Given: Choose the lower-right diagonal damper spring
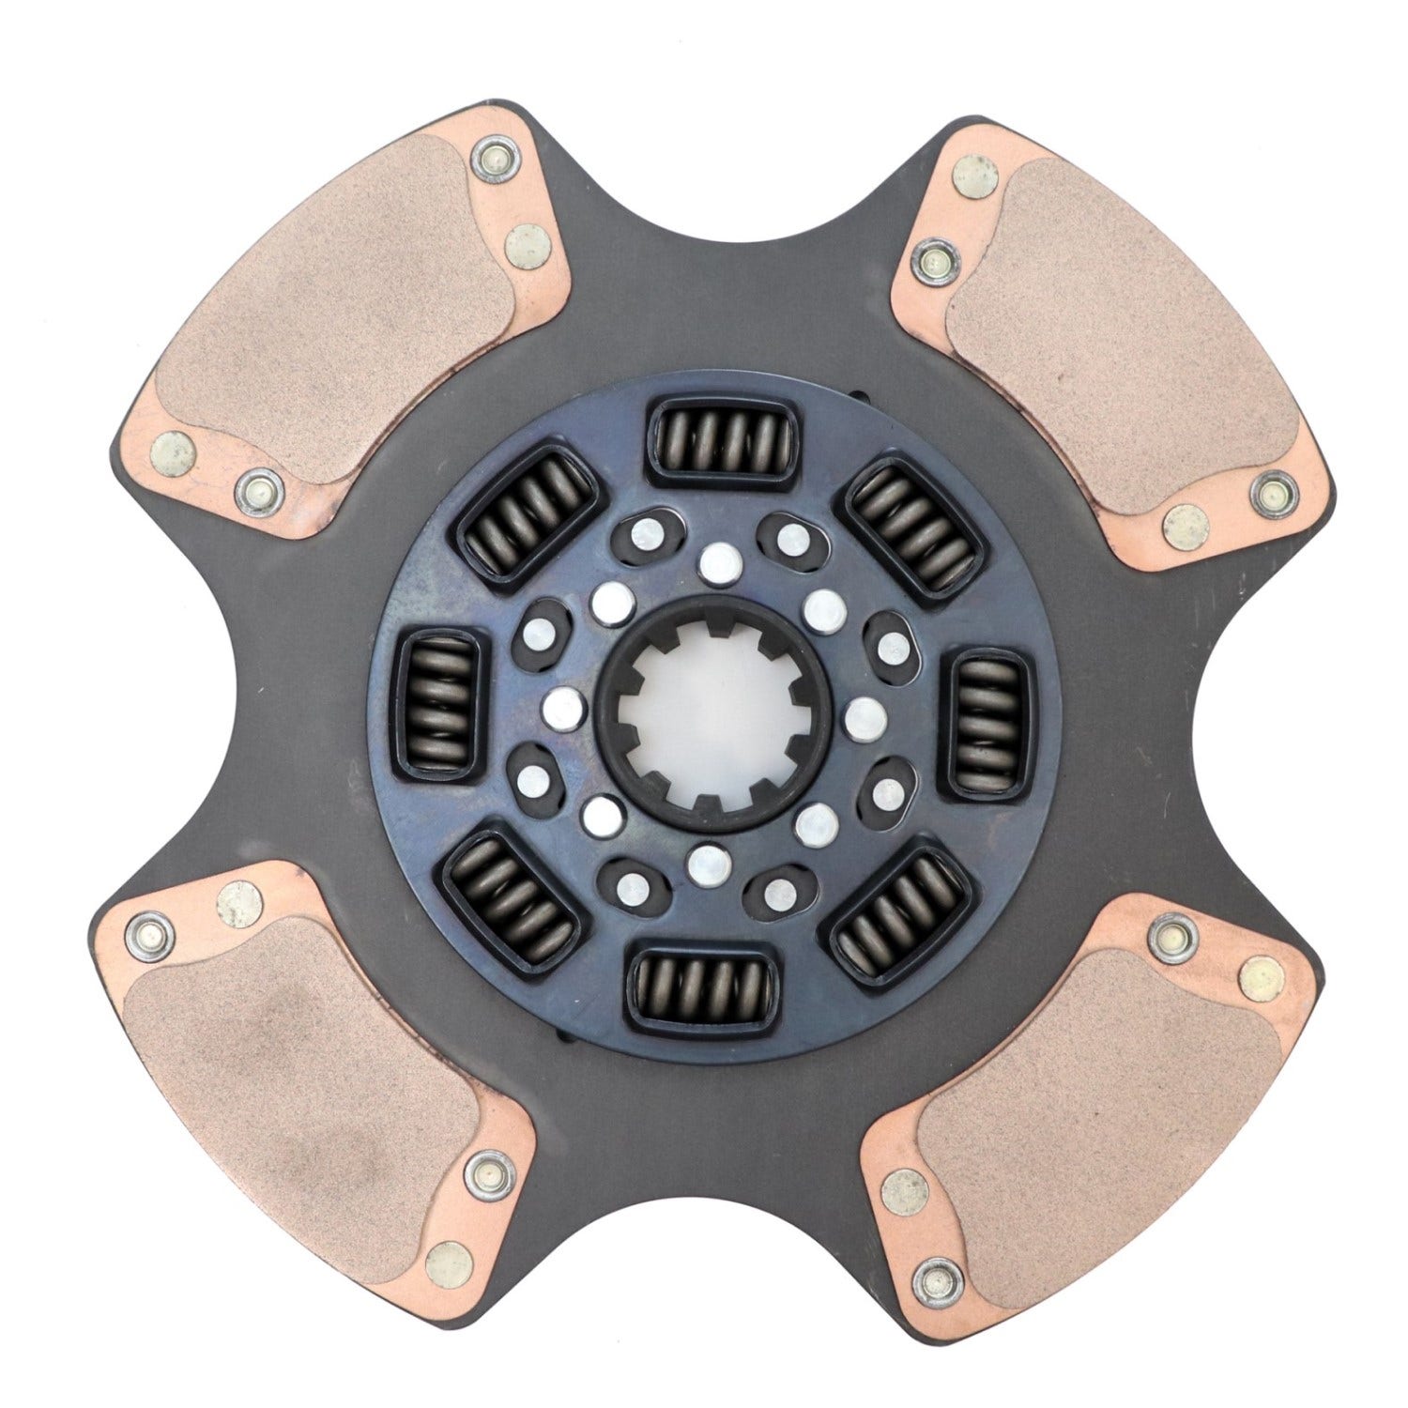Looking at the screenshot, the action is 899,907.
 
